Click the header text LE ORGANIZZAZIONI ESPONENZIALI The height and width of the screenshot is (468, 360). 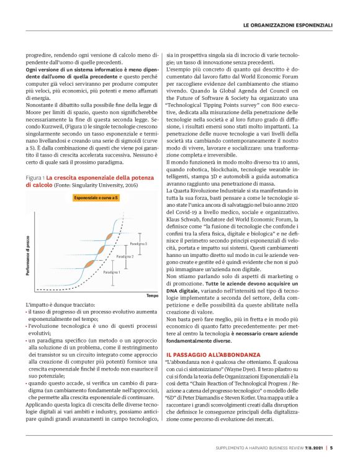pyautogui.click(x=287, y=25)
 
